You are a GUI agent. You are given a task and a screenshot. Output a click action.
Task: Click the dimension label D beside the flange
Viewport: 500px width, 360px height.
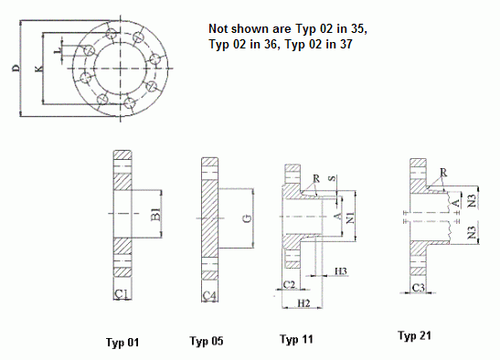(16, 69)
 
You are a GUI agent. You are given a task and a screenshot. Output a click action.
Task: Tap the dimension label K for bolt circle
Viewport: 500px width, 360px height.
(39, 69)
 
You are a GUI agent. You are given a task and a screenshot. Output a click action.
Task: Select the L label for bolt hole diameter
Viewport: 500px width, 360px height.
(58, 50)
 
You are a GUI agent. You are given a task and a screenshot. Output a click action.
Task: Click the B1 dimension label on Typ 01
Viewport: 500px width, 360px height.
(155, 214)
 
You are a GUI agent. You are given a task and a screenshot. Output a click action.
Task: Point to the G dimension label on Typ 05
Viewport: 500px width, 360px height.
(247, 218)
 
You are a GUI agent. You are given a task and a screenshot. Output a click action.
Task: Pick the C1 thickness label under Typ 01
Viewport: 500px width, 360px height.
(122, 294)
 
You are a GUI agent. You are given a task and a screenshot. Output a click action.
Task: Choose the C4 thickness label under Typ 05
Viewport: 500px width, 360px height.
(209, 296)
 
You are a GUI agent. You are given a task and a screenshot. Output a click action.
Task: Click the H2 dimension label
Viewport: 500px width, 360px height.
(303, 303)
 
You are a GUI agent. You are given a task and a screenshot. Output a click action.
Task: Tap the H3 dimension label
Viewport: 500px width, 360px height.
(341, 271)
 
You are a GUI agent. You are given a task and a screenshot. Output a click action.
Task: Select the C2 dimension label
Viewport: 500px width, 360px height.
(289, 284)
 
